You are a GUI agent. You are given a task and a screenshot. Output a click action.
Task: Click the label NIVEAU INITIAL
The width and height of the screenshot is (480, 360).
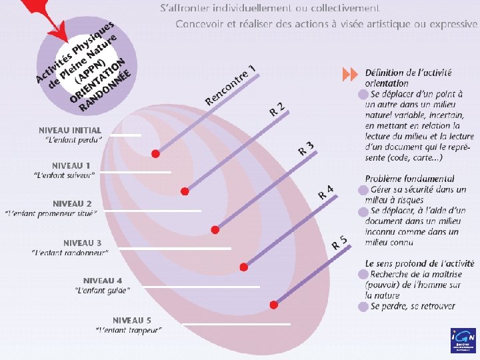tap(70, 130)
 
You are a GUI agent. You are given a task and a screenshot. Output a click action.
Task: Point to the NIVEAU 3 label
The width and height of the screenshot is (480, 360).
tap(83, 242)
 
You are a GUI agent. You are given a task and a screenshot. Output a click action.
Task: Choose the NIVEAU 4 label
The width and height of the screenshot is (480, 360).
tap(103, 280)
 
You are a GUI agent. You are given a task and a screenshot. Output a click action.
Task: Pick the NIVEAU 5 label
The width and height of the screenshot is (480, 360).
tap(132, 320)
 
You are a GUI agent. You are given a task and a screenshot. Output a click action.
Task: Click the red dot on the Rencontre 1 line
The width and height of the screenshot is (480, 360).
tap(155, 153)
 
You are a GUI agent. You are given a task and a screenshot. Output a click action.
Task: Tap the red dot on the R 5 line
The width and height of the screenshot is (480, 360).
tap(273, 305)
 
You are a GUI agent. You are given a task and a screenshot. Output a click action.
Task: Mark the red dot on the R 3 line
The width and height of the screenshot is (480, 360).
tap(215, 229)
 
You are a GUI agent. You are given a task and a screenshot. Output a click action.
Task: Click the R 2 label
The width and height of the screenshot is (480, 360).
tap(278, 109)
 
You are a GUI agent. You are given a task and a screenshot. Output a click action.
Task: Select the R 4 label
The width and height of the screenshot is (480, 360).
tap(325, 193)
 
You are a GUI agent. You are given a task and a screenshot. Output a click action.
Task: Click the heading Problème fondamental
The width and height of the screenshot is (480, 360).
tap(409, 179)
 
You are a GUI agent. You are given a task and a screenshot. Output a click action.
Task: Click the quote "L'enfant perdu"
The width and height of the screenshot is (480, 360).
tap(73, 140)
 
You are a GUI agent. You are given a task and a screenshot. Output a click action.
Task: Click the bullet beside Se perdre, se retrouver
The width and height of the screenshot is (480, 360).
tap(363, 306)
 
